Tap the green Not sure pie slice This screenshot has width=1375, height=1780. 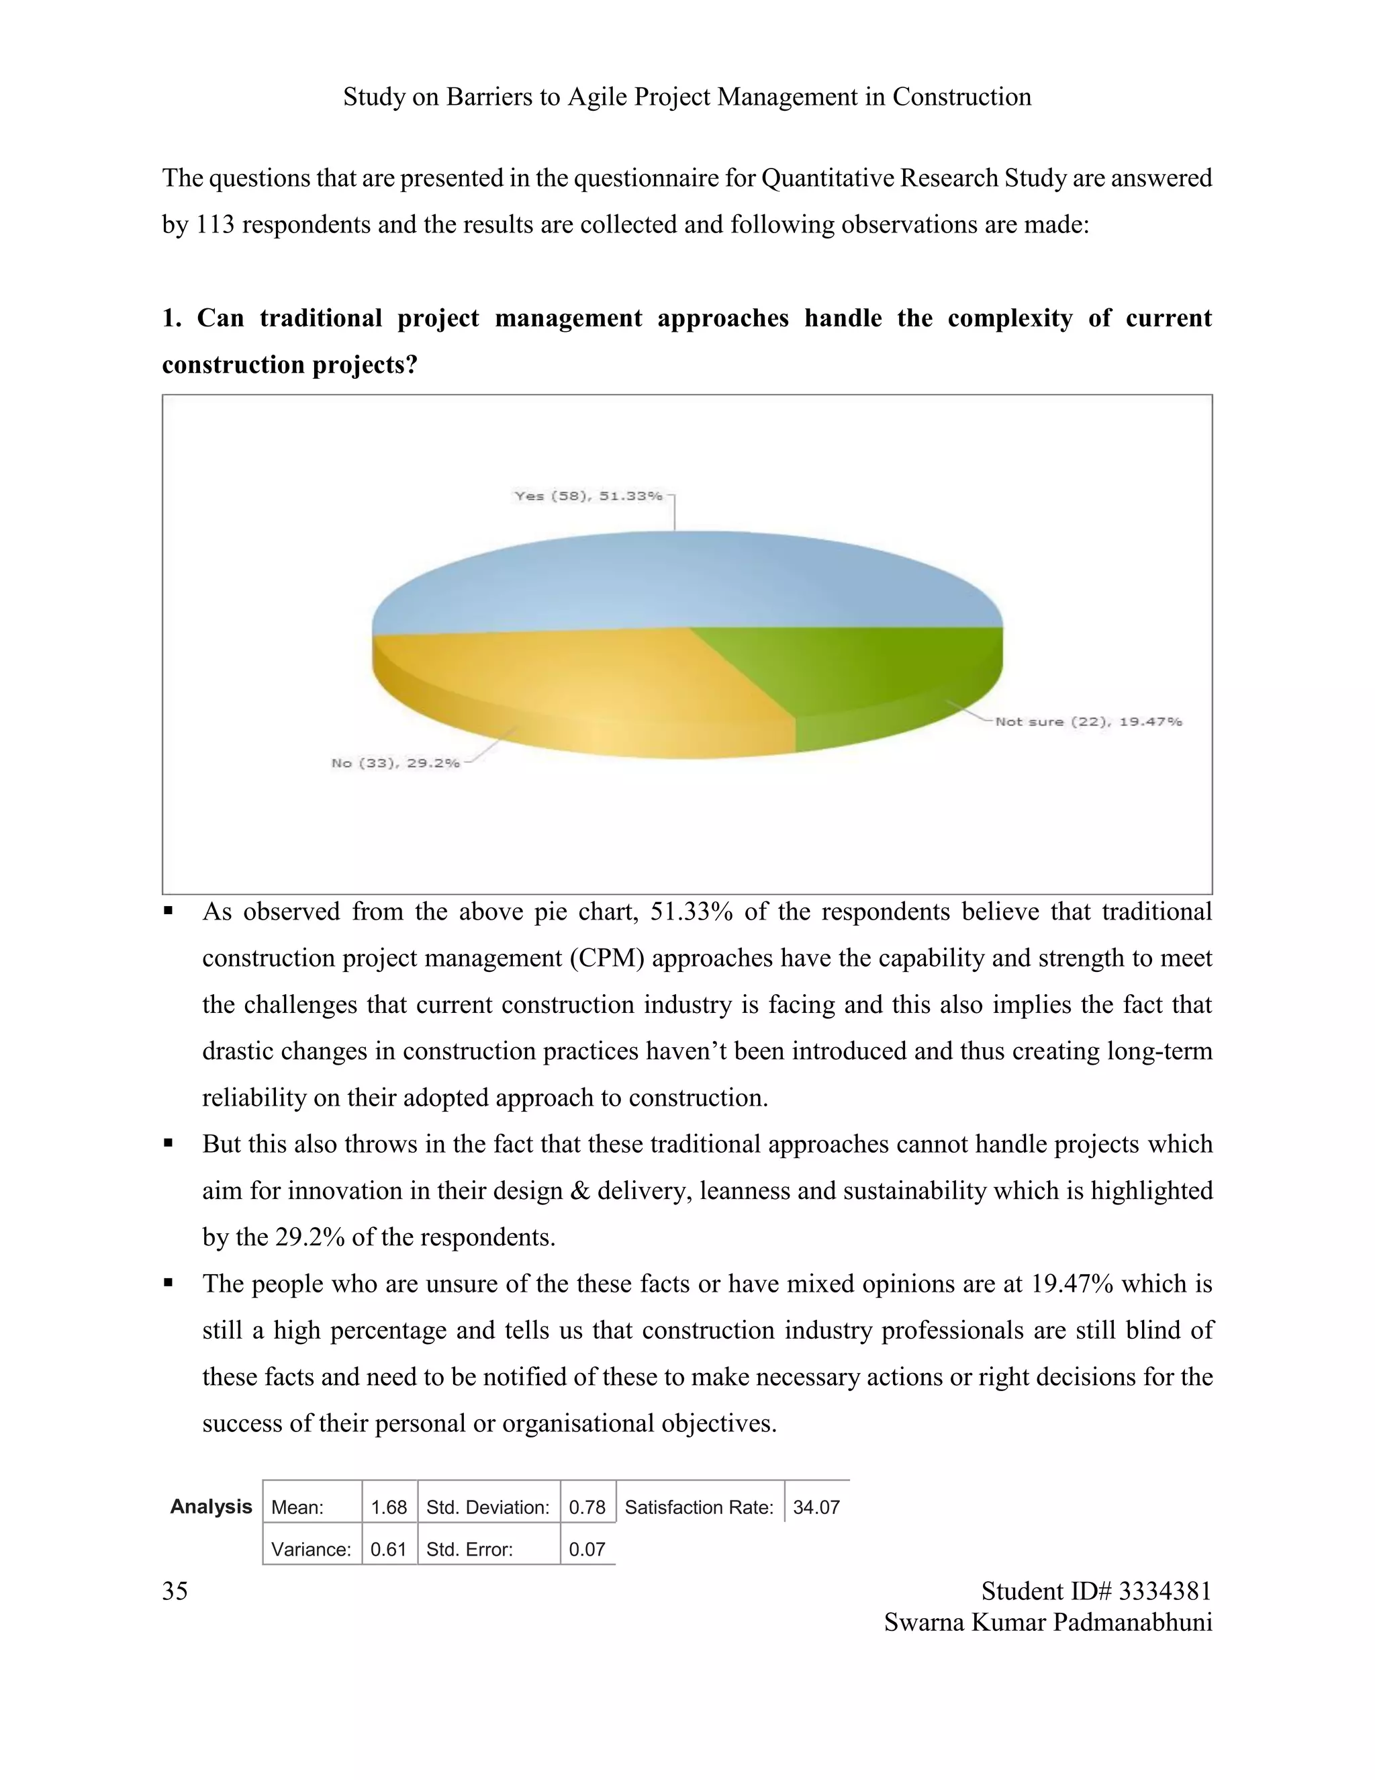pos(880,676)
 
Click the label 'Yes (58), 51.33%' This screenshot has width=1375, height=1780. pos(588,496)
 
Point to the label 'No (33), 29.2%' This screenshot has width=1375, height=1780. pos(395,763)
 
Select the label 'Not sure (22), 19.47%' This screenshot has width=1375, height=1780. pos(1088,721)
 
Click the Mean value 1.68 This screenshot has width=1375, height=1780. pos(389,1507)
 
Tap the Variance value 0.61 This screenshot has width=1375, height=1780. pos(388,1550)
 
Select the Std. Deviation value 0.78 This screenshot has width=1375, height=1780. pos(587,1507)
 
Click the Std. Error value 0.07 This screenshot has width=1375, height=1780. pos(587,1550)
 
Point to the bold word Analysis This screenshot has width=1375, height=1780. pos(211,1506)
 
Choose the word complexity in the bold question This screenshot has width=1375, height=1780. pos(1009,318)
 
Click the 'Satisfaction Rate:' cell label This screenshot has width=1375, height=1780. pos(699,1507)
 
